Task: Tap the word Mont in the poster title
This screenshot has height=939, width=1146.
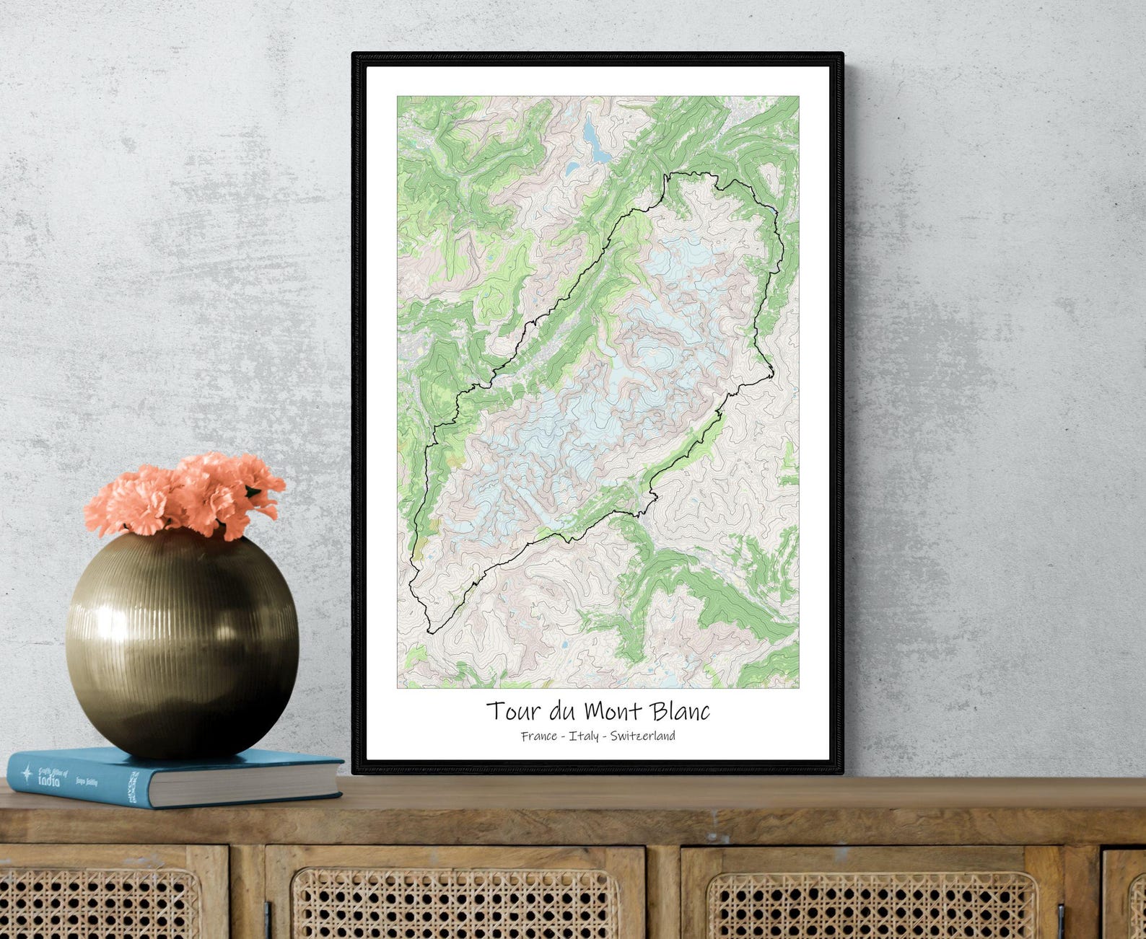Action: click(x=613, y=711)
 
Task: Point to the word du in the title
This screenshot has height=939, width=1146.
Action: click(x=563, y=711)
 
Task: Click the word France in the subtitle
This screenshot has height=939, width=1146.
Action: click(x=539, y=736)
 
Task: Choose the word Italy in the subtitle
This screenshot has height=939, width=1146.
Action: click(x=583, y=736)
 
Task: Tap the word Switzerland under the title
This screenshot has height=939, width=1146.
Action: click(x=642, y=736)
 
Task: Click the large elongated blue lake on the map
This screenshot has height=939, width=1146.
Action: click(x=596, y=144)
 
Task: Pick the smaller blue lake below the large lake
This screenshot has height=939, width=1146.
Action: click(x=572, y=169)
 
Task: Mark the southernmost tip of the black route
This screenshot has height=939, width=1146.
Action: click(x=430, y=632)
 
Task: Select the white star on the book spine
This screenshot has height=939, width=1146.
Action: click(x=26, y=774)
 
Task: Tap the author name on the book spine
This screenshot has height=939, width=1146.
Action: click(x=86, y=782)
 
